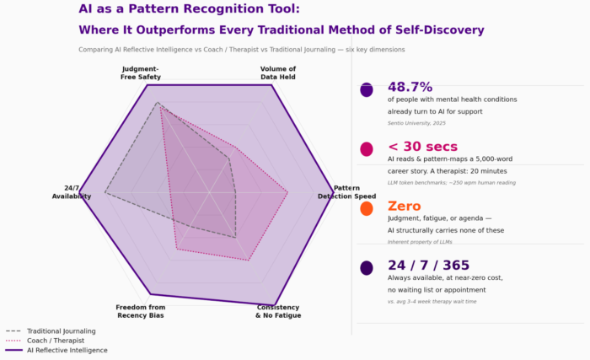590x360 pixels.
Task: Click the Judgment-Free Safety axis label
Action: pos(141,73)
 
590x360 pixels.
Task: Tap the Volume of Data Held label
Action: pos(277,73)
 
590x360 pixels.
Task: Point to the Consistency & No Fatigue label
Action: pos(277,311)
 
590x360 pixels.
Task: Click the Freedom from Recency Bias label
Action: pos(141,311)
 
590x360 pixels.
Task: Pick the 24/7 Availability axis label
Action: pos(72,192)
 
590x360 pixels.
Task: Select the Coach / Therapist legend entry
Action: pos(56,341)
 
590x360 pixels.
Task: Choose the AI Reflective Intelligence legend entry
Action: pos(67,350)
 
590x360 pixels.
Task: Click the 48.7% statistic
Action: pos(410,88)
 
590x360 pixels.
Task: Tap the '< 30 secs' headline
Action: pos(422,148)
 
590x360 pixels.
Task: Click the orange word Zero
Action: pos(404,207)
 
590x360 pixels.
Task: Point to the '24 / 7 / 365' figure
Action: pos(428,266)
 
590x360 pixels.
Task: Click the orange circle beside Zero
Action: pos(367,208)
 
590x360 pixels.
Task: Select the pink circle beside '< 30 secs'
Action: pos(367,149)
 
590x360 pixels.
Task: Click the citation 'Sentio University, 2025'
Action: pos(416,123)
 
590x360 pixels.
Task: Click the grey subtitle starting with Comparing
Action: pos(241,50)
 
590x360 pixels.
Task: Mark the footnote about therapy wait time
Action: pos(432,301)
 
